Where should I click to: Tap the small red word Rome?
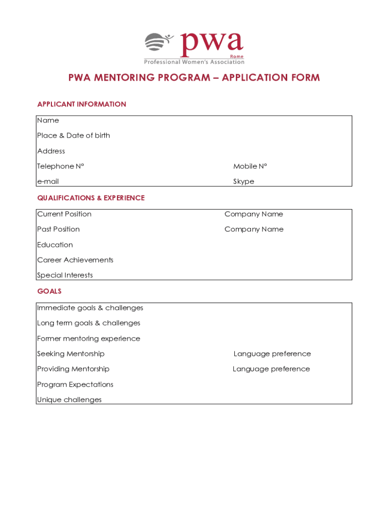point(237,56)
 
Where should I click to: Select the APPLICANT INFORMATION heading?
point(82,104)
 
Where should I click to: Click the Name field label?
point(48,120)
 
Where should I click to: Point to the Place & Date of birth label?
point(74,136)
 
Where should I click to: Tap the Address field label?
point(51,151)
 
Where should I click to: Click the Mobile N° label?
point(250,166)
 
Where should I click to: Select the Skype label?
point(243,181)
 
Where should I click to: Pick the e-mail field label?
point(48,181)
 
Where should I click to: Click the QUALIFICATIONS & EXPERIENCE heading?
point(91,198)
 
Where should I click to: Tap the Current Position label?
point(64,214)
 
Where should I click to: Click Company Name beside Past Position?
point(253,229)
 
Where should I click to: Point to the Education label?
point(55,245)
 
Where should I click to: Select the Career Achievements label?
point(75,260)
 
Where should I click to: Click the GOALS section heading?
point(49,291)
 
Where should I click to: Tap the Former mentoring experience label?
point(89,339)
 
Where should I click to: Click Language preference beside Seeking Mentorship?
point(272,354)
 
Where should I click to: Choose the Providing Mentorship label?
point(73,369)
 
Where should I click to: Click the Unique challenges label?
point(69,400)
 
